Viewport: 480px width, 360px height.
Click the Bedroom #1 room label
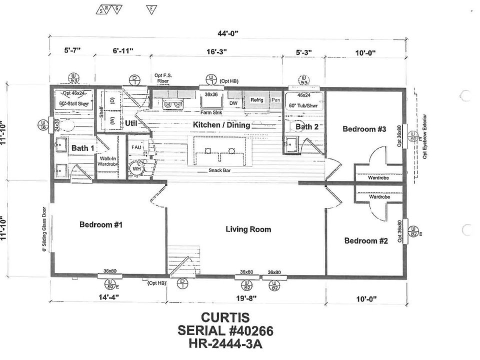coord(101,224)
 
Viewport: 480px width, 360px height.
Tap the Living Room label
coord(248,229)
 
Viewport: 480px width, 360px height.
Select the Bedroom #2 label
coord(366,241)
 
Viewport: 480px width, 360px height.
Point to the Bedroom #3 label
coord(364,129)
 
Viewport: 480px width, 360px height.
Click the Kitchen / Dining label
coord(221,125)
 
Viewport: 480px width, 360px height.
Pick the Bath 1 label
coord(82,148)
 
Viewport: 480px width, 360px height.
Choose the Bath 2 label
coord(306,127)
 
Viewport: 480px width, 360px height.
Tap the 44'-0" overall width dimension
coord(228,33)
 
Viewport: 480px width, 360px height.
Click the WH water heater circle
coord(136,169)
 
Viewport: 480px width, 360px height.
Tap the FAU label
coord(136,147)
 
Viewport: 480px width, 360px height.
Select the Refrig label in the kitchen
coord(256,100)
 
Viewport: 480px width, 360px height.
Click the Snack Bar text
coord(219,171)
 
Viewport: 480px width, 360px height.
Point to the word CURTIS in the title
coord(225,317)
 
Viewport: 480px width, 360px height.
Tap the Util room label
coord(131,122)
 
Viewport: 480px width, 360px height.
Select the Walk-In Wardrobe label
coord(108,161)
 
